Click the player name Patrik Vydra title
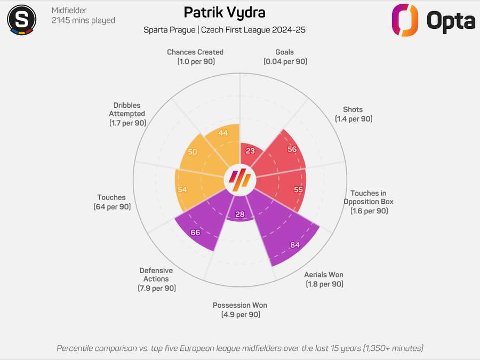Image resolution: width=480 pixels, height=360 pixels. point(224,12)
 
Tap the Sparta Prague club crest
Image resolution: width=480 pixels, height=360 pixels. point(21,19)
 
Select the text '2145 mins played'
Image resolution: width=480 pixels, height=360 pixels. point(83,21)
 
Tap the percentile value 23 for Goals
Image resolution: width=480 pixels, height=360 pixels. point(250,151)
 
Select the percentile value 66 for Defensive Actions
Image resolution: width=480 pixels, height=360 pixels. point(195,233)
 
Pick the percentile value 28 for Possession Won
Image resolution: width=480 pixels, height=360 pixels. point(240,214)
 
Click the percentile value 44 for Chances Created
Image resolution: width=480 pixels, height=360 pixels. point(223,133)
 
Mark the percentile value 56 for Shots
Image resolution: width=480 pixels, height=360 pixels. point(292,149)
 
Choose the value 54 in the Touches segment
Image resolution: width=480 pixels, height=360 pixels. point(182,190)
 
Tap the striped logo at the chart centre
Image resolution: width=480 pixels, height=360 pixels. point(240,179)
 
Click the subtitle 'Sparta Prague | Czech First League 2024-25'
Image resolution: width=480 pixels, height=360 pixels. point(224,30)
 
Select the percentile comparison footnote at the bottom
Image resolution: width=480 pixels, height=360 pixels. point(240,348)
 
